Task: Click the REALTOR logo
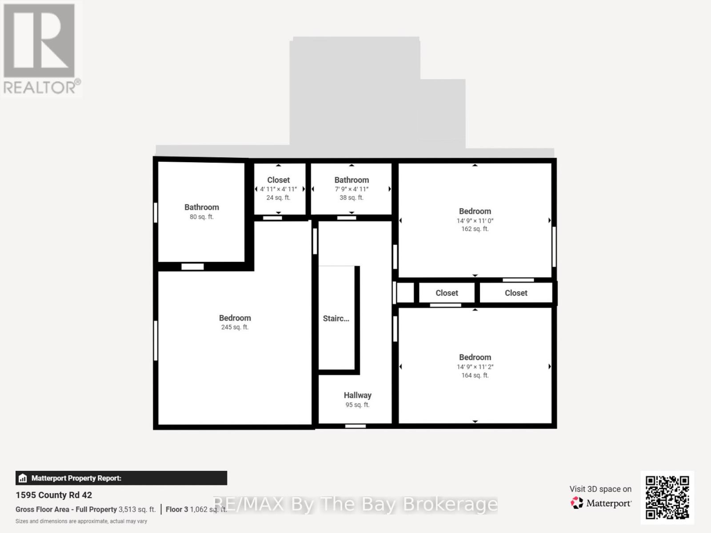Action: [41, 49]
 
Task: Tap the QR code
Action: [667, 497]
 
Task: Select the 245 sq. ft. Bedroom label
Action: [235, 318]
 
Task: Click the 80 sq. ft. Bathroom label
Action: [201, 208]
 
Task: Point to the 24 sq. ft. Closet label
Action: [278, 180]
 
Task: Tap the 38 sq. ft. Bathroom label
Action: [352, 180]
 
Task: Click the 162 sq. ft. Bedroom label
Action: [475, 212]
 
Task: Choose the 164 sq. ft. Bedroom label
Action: [475, 357]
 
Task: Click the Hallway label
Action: [357, 396]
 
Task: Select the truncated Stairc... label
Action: [336, 319]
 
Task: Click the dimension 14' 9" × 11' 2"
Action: [475, 367]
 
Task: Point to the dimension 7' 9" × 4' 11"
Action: [352, 189]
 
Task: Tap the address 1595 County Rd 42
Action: [54, 495]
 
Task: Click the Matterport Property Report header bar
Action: [121, 478]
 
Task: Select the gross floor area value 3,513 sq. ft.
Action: [137, 509]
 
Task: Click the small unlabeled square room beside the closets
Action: [405, 293]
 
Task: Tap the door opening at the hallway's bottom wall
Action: [355, 426]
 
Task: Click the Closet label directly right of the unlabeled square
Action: [447, 293]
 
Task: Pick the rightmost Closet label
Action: [516, 293]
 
